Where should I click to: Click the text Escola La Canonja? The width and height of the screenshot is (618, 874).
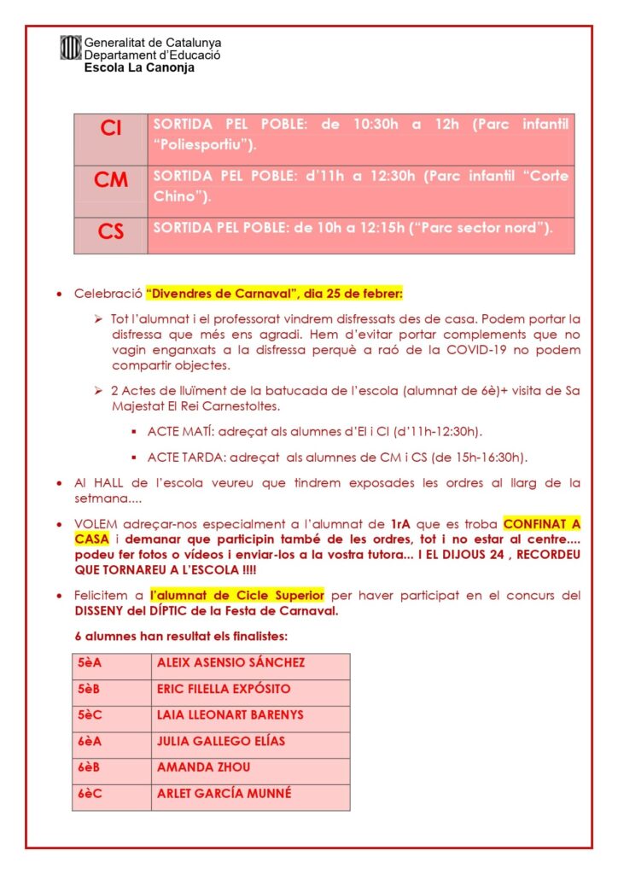click(139, 67)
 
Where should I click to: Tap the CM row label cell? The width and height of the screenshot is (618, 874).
click(111, 182)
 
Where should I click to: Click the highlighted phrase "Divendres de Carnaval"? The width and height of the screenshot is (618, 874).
click(218, 294)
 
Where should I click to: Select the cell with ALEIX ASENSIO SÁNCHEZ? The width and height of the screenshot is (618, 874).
click(230, 663)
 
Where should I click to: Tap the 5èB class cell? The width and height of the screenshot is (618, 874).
click(89, 689)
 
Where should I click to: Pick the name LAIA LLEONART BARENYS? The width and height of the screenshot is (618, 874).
click(230, 715)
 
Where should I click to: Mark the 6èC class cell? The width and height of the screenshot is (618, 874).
click(89, 793)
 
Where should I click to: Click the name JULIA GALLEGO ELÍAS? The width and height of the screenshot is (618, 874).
click(220, 741)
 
